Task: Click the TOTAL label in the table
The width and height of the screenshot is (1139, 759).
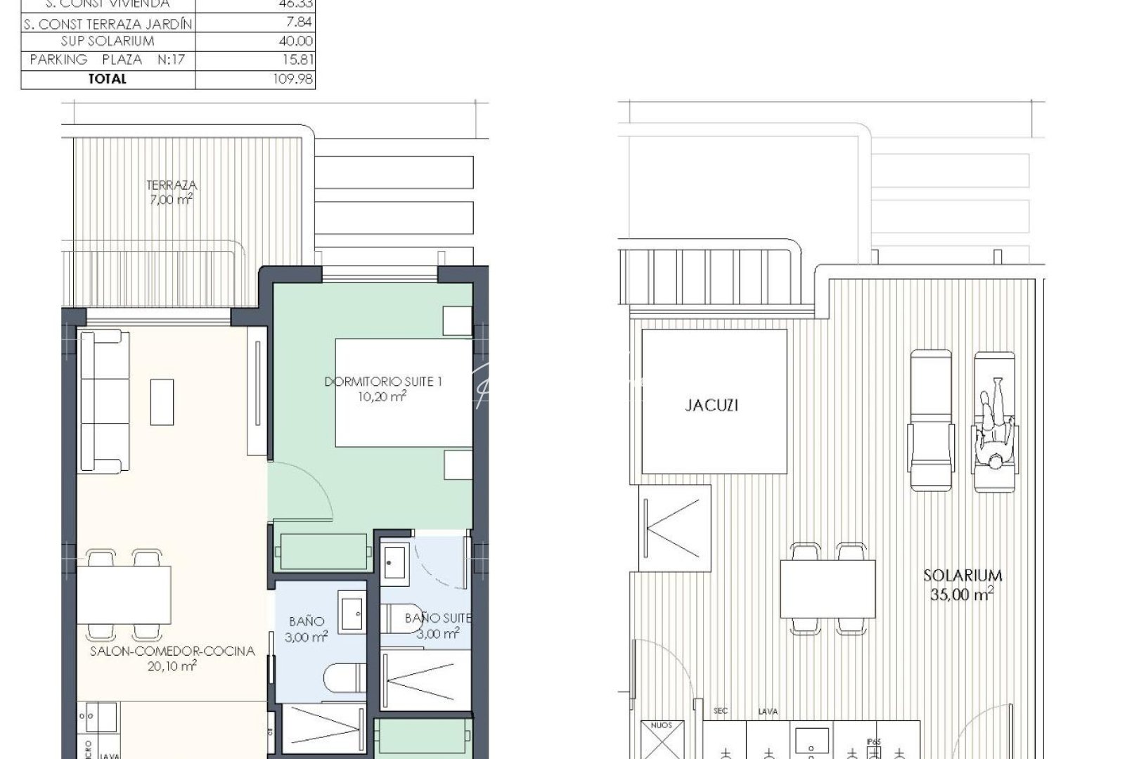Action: [x=107, y=79]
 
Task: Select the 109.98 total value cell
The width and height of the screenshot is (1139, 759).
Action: [x=292, y=79]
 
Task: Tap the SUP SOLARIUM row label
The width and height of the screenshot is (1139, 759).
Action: [x=107, y=41]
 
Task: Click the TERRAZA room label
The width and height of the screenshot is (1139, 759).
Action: [x=172, y=186]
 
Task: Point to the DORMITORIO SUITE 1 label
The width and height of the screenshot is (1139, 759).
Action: [x=382, y=382]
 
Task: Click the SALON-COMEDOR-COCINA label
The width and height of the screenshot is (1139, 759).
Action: [x=172, y=651]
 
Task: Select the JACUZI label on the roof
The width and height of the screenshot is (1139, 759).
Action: [x=712, y=406]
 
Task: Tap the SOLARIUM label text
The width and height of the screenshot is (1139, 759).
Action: [x=963, y=576]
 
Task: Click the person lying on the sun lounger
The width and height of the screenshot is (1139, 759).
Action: [x=994, y=425]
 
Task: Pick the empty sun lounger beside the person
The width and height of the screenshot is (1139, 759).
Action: [x=931, y=420]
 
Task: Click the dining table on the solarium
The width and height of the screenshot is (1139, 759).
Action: [x=828, y=589]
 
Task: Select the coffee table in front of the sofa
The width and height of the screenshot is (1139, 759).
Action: [x=162, y=402]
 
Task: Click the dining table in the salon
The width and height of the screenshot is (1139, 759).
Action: [x=124, y=595]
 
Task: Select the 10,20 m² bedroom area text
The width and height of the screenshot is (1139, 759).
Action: [x=382, y=396]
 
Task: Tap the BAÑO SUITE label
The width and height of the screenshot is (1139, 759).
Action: [x=437, y=618]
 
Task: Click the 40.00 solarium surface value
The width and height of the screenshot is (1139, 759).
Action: [x=295, y=41]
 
